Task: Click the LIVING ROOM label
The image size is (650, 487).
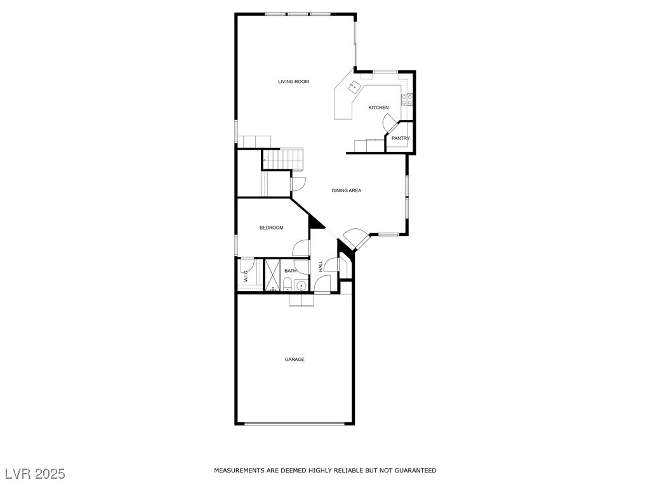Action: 293,82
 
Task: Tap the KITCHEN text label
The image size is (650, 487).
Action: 378,108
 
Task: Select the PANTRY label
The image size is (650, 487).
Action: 401,138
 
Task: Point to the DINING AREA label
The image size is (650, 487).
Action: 346,190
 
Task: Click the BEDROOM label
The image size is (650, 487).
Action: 272,228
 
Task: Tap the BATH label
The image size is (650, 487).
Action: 291,271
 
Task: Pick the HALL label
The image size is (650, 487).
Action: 321,266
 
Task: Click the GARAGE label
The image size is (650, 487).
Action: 295,360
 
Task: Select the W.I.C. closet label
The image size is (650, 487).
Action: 246,276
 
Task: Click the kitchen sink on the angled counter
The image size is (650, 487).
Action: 354,87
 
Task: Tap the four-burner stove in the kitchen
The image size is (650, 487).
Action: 407,100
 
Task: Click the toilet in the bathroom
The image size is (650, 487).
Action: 287,284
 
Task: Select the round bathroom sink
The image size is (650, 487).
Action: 301,286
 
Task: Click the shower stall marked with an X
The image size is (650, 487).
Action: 273,275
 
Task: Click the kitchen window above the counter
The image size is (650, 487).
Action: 385,72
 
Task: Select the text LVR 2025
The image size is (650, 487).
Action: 36,474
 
